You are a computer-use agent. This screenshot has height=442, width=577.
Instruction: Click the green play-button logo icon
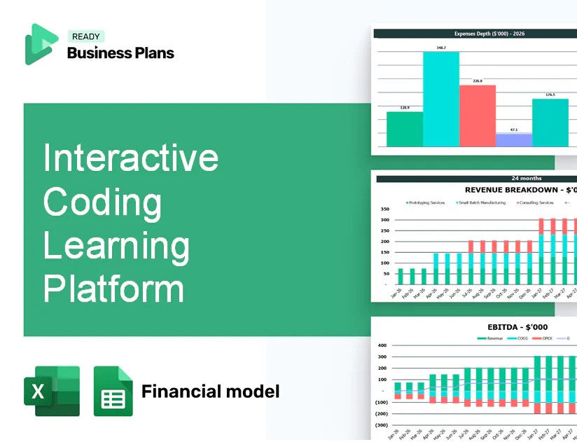click(x=41, y=43)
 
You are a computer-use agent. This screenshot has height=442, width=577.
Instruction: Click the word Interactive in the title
click(x=131, y=158)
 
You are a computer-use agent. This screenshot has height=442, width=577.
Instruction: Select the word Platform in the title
click(x=114, y=288)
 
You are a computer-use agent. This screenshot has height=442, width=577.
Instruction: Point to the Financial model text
click(x=210, y=391)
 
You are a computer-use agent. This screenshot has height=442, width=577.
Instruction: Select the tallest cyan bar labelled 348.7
click(x=441, y=98)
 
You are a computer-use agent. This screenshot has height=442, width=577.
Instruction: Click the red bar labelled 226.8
click(x=478, y=116)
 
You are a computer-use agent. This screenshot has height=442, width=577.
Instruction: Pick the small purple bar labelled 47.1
click(x=514, y=139)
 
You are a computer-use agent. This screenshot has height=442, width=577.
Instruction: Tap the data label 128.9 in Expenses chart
click(x=405, y=108)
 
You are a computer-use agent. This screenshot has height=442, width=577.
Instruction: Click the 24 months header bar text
click(x=526, y=179)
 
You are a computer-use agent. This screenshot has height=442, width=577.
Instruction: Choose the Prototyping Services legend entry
click(x=426, y=202)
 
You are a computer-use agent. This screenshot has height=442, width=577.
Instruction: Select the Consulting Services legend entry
click(x=536, y=202)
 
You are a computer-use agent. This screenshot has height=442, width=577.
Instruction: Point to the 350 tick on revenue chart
click(x=384, y=209)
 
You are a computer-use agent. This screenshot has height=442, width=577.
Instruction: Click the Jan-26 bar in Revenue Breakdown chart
click(x=401, y=276)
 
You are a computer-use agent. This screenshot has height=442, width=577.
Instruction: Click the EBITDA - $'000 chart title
click(x=517, y=327)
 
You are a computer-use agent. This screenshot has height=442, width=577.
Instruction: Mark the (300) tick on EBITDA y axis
click(x=382, y=424)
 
